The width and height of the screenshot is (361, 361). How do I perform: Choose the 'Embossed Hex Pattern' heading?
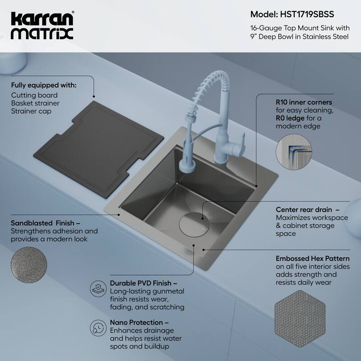[312, 259]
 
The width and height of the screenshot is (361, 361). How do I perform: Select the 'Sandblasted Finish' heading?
[45, 223]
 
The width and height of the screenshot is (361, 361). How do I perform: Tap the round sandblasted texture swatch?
[28, 266]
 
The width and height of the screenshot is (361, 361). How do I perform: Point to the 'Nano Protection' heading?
[139, 323]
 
